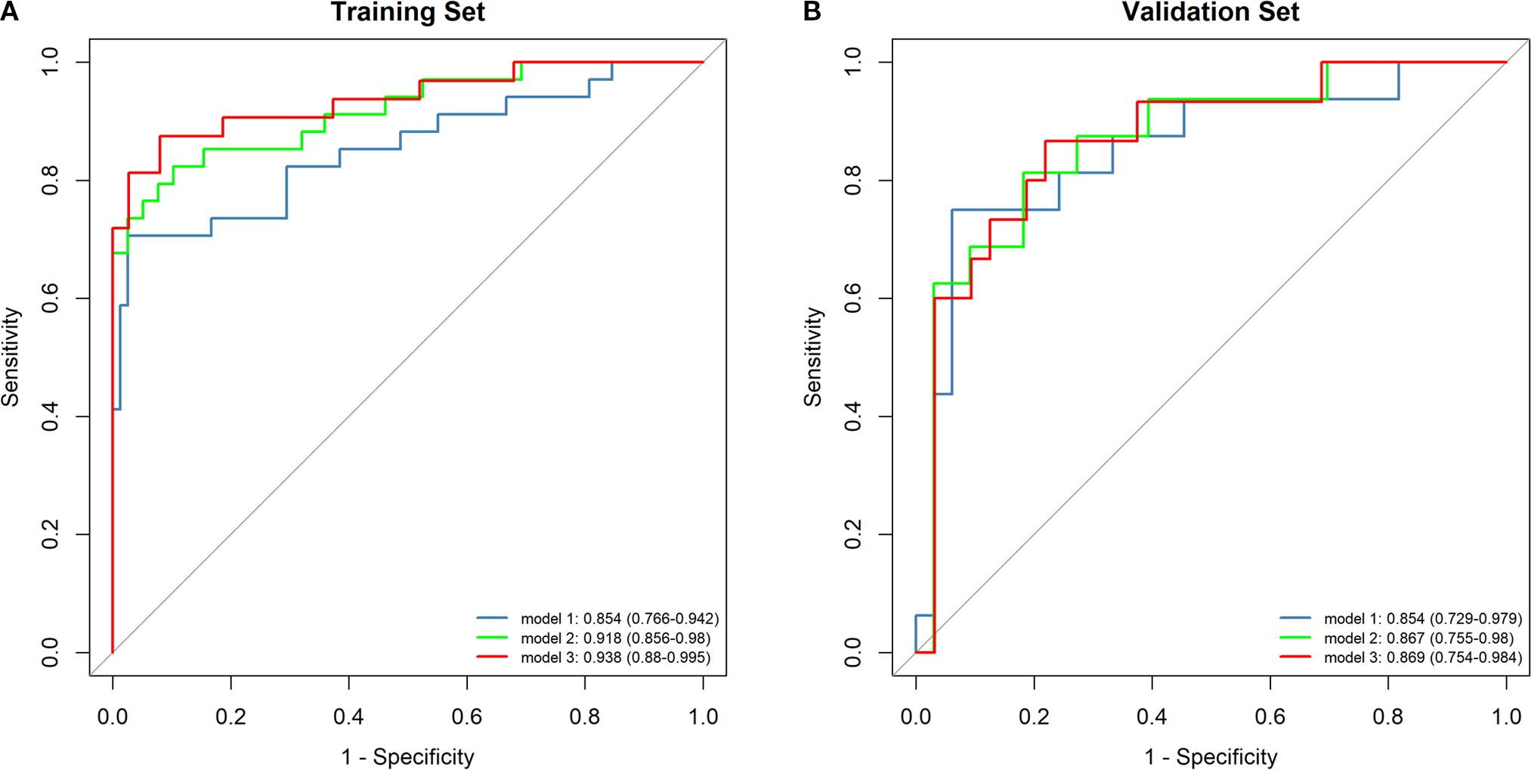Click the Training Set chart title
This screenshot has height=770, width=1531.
click(407, 13)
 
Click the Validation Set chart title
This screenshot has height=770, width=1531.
click(1210, 13)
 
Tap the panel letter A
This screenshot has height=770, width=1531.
click(10, 12)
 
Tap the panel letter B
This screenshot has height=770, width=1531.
click(812, 12)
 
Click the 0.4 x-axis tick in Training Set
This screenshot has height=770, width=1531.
click(348, 716)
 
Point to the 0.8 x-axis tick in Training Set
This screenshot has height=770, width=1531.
click(585, 716)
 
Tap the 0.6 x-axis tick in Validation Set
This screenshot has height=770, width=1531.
click(1270, 716)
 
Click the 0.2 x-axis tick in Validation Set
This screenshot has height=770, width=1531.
click(1034, 716)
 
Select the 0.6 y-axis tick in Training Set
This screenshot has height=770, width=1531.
click(51, 298)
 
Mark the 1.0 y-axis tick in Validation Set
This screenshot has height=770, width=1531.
click(853, 62)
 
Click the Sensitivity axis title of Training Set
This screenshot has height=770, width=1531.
click(11, 357)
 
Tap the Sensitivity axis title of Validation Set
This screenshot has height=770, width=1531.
click(813, 357)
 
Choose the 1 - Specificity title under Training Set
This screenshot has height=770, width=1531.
click(407, 756)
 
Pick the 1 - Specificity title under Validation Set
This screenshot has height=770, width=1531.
click(1211, 756)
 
